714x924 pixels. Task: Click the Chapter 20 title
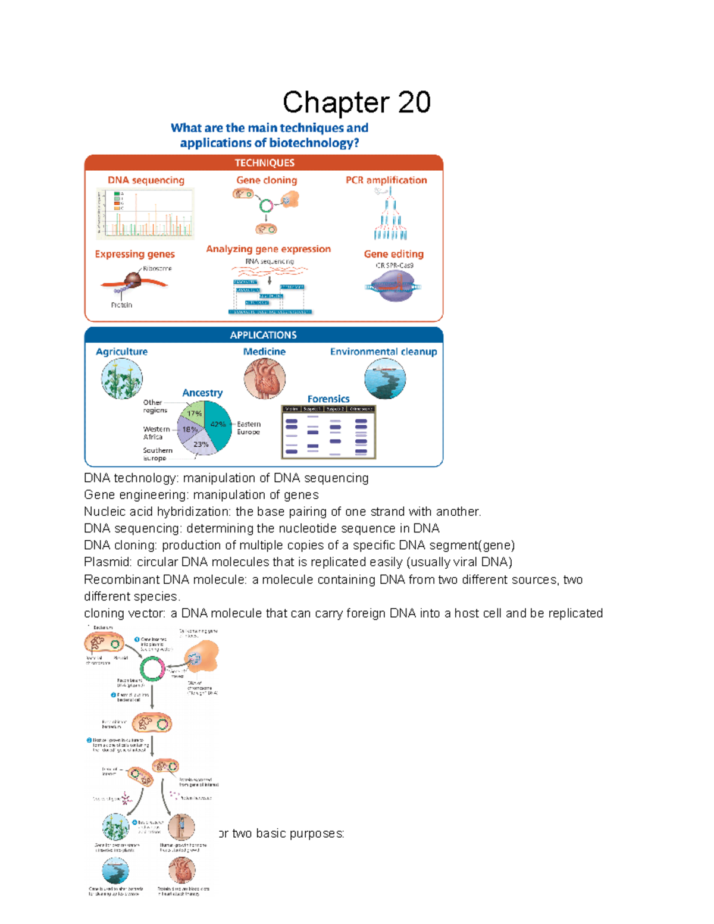pos(356,102)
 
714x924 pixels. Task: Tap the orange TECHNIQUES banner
pos(264,163)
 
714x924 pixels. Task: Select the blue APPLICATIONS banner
pos(264,335)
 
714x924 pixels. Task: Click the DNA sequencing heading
pos(146,180)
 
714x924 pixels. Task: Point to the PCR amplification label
pos(386,180)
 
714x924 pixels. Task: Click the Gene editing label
pos(393,254)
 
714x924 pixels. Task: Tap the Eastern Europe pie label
pos(249,428)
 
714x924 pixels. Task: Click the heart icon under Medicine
pos(265,379)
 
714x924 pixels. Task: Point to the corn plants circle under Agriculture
pos(122,379)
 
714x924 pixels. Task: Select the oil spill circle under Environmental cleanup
pos(385,379)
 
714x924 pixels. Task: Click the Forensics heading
pos(328,399)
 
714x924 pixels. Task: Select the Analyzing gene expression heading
pos(268,249)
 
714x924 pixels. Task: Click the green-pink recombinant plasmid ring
pos(152,669)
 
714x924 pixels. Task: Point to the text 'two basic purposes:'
pos(288,834)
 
